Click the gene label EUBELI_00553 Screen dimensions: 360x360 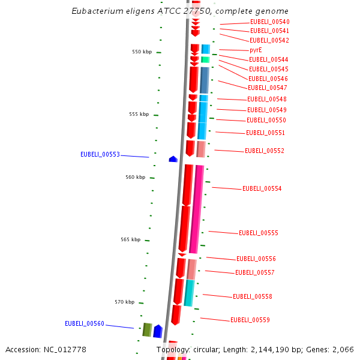(x=100, y=154)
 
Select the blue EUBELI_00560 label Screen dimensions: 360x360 (x=85, y=323)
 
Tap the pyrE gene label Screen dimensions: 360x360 (x=256, y=50)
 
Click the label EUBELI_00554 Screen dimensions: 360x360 (x=262, y=188)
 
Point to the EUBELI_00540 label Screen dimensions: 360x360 (x=269, y=22)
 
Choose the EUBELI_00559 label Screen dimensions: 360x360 (x=250, y=320)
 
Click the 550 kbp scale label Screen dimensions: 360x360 (x=142, y=52)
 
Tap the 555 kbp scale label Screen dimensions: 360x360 (x=139, y=114)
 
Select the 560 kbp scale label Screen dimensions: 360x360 (x=135, y=177)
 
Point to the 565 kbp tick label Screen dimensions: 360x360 (x=130, y=239)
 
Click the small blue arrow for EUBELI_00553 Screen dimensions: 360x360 (x=173, y=159)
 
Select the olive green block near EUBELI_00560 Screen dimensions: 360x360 (x=146, y=329)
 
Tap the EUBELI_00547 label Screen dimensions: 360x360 (x=267, y=88)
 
